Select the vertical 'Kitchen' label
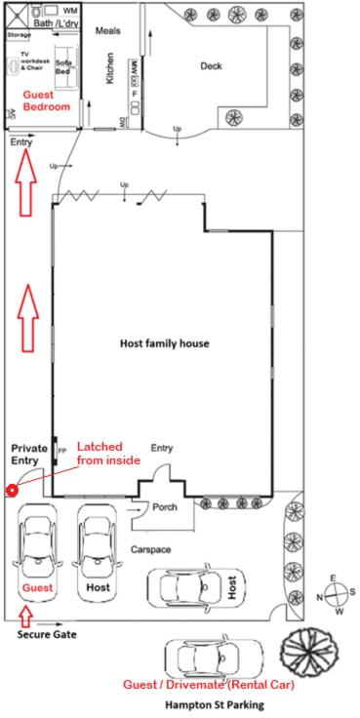pos(110,67)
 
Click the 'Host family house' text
pos(164,343)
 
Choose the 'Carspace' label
pos(151,550)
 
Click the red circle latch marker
pos(12,490)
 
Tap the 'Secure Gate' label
pos(47,634)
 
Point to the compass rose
pos(335,596)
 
